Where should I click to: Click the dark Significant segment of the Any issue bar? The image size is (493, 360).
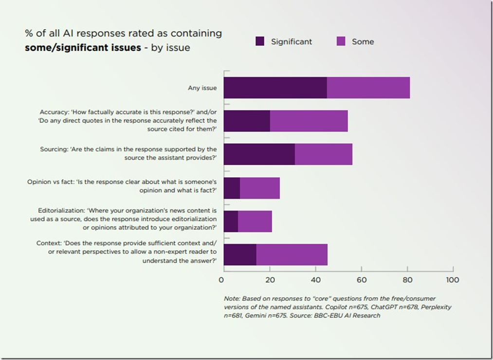(275, 88)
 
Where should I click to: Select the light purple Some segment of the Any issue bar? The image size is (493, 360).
(368, 88)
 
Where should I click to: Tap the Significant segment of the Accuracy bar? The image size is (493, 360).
(247, 121)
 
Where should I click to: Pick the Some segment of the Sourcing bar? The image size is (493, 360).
(324, 154)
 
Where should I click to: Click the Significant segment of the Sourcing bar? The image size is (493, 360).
(259, 154)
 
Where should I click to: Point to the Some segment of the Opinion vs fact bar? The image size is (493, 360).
(260, 188)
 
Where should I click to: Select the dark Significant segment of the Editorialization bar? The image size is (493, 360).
(231, 222)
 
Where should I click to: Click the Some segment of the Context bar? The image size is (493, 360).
(292, 255)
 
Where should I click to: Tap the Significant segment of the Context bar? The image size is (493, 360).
(240, 255)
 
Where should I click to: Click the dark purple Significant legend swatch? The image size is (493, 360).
(260, 41)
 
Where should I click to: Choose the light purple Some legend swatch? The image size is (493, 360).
(340, 41)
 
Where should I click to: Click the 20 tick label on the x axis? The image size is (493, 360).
(269, 280)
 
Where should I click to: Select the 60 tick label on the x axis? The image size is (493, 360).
(361, 280)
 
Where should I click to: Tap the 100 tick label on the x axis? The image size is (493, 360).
(452, 280)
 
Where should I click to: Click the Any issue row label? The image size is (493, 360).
(202, 88)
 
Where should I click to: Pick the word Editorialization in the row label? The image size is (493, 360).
(61, 211)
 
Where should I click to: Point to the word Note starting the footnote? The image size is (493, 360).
(228, 298)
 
